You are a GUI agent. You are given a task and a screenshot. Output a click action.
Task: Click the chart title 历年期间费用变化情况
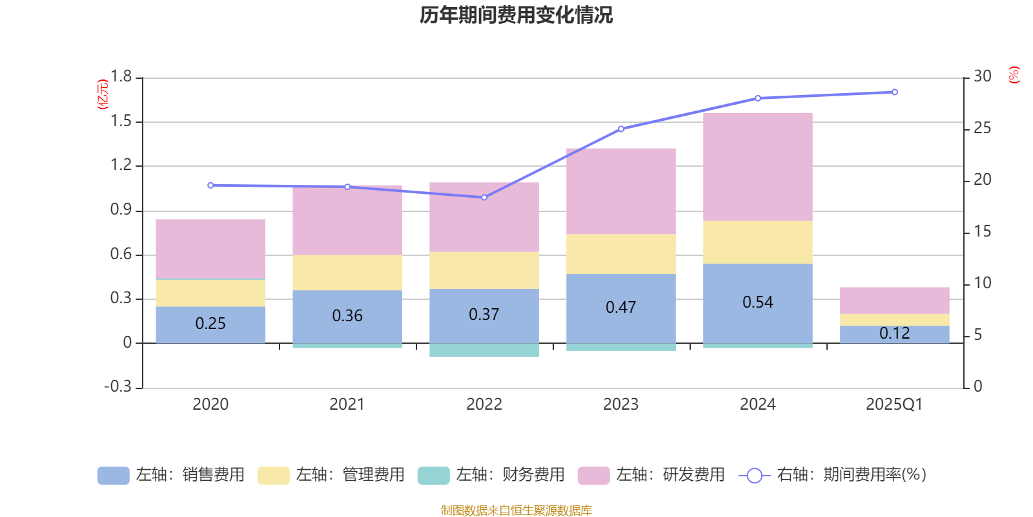pyautogui.click(x=516, y=15)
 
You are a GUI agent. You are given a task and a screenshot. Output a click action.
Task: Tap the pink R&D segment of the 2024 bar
pyautogui.click(x=757, y=167)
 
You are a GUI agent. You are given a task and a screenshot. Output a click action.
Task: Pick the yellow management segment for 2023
pyautogui.click(x=620, y=254)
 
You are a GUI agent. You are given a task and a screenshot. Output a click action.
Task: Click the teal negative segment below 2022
pyautogui.click(x=484, y=350)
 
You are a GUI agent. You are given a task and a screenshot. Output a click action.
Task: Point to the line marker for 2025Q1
pyautogui.click(x=894, y=92)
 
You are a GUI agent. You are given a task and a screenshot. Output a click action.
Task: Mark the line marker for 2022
pyautogui.click(x=484, y=197)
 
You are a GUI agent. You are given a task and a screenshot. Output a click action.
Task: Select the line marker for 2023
pyautogui.click(x=621, y=129)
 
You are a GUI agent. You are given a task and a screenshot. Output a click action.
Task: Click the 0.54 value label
pyautogui.click(x=757, y=302)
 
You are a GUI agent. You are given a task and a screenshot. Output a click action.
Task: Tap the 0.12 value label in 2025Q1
pyautogui.click(x=894, y=333)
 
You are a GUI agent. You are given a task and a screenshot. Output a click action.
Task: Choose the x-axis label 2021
pyautogui.click(x=347, y=405)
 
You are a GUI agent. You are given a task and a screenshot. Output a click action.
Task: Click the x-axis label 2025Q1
pyautogui.click(x=894, y=405)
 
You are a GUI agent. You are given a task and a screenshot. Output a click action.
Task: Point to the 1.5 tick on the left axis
pyautogui.click(x=121, y=121)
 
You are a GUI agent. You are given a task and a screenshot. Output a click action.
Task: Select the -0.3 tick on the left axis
pyautogui.click(x=118, y=386)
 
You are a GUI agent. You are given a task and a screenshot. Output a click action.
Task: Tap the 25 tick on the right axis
pyautogui.click(x=982, y=128)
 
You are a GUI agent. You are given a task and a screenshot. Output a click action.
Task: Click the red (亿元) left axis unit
pyautogui.click(x=103, y=94)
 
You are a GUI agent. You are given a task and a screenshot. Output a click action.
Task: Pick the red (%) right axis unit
pyautogui.click(x=1014, y=75)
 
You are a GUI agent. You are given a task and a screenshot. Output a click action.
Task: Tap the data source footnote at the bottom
pyautogui.click(x=516, y=511)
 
